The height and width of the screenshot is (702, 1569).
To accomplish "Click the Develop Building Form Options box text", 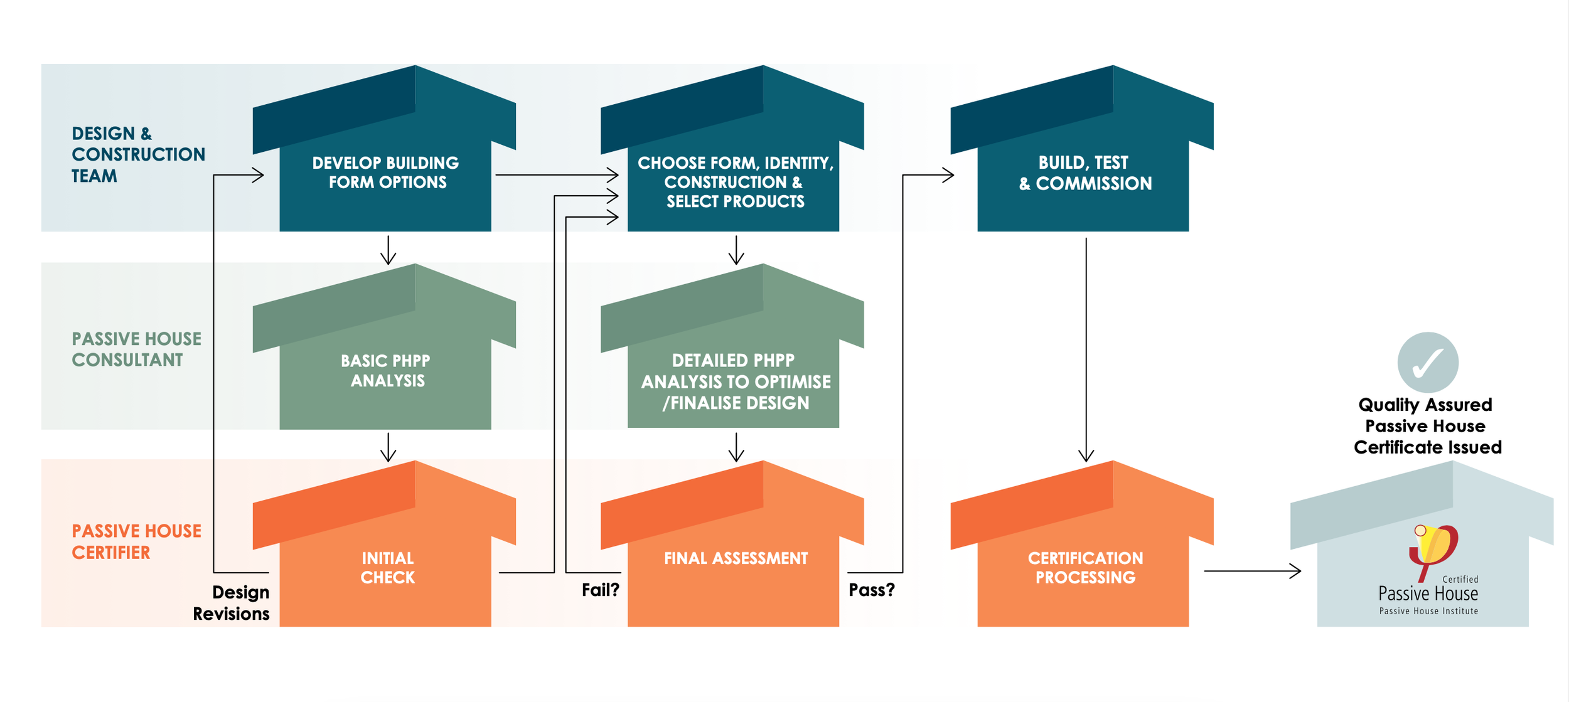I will click(386, 173).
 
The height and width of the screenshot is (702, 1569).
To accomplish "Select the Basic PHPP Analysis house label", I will click(386, 371).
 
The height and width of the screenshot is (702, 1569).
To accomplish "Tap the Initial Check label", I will click(387, 568).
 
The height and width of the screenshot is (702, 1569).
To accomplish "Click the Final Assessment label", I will click(736, 558).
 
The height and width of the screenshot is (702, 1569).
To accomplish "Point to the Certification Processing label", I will click(1085, 568).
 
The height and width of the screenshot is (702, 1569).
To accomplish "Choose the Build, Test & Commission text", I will click(1085, 173).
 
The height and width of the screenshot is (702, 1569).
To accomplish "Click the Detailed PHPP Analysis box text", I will click(736, 381).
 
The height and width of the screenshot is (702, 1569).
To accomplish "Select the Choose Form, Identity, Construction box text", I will click(736, 182).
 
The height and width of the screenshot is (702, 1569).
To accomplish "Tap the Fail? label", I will click(600, 590).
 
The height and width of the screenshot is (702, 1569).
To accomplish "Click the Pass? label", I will click(872, 590).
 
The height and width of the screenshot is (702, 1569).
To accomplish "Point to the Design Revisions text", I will click(232, 603).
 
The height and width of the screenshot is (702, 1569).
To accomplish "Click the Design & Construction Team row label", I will click(137, 154).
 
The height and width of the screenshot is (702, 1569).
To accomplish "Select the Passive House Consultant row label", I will click(136, 349).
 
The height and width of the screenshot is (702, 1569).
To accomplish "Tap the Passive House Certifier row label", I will click(136, 542).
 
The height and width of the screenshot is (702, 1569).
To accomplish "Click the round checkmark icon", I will click(1428, 363).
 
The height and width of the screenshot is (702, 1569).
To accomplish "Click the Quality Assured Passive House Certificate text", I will click(1427, 426).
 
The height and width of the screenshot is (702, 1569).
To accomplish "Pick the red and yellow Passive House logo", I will click(1433, 547).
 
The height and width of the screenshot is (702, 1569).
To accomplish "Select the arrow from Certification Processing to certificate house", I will click(1252, 572).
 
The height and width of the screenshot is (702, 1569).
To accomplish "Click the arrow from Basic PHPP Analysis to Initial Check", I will click(388, 447).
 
